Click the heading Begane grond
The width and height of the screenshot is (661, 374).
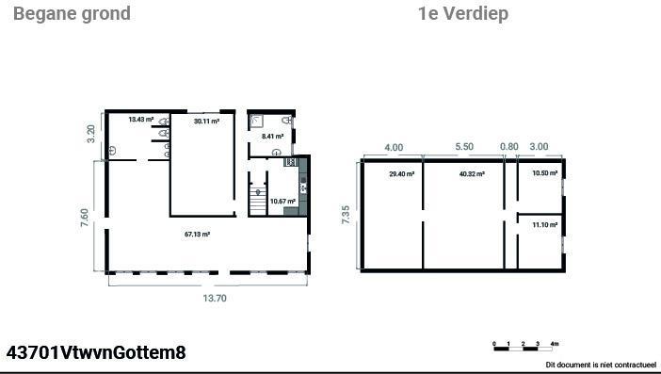point(72,14)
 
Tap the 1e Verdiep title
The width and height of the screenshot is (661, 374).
point(463,14)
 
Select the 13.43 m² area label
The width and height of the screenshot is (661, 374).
point(141,120)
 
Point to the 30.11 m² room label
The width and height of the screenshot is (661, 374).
point(206,121)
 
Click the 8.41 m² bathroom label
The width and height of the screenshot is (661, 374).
point(272,137)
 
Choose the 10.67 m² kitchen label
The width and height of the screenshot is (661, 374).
point(282,201)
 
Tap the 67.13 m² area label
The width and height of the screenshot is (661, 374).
point(198,234)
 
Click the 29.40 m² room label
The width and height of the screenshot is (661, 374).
point(402,173)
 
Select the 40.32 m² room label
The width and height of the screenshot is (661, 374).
point(472,173)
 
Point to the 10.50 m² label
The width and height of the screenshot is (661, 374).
point(544,173)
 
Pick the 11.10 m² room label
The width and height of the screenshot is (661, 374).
point(544,225)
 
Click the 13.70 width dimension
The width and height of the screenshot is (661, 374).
point(215,298)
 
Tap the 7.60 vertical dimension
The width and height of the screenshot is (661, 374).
point(85,218)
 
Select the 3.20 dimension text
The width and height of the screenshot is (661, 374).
point(91,134)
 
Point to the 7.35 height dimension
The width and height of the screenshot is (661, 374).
point(346,215)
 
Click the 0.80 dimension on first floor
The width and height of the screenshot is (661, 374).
point(509,147)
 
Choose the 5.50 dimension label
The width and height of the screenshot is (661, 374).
point(464,147)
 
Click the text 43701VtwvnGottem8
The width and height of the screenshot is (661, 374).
point(96,352)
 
